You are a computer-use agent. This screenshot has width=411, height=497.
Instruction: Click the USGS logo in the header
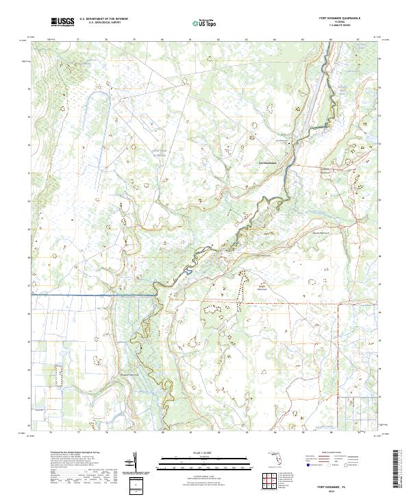[62, 23]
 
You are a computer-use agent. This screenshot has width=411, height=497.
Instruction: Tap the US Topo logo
[207, 23]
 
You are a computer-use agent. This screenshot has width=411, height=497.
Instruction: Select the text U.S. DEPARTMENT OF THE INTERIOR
[103, 20]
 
